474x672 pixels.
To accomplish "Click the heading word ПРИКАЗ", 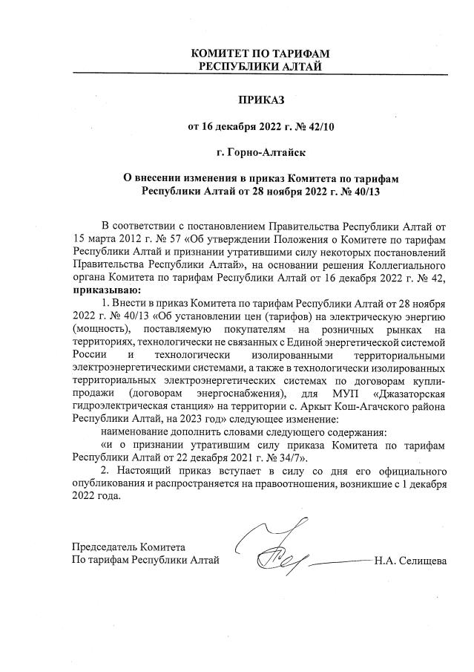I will pos(260,99).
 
